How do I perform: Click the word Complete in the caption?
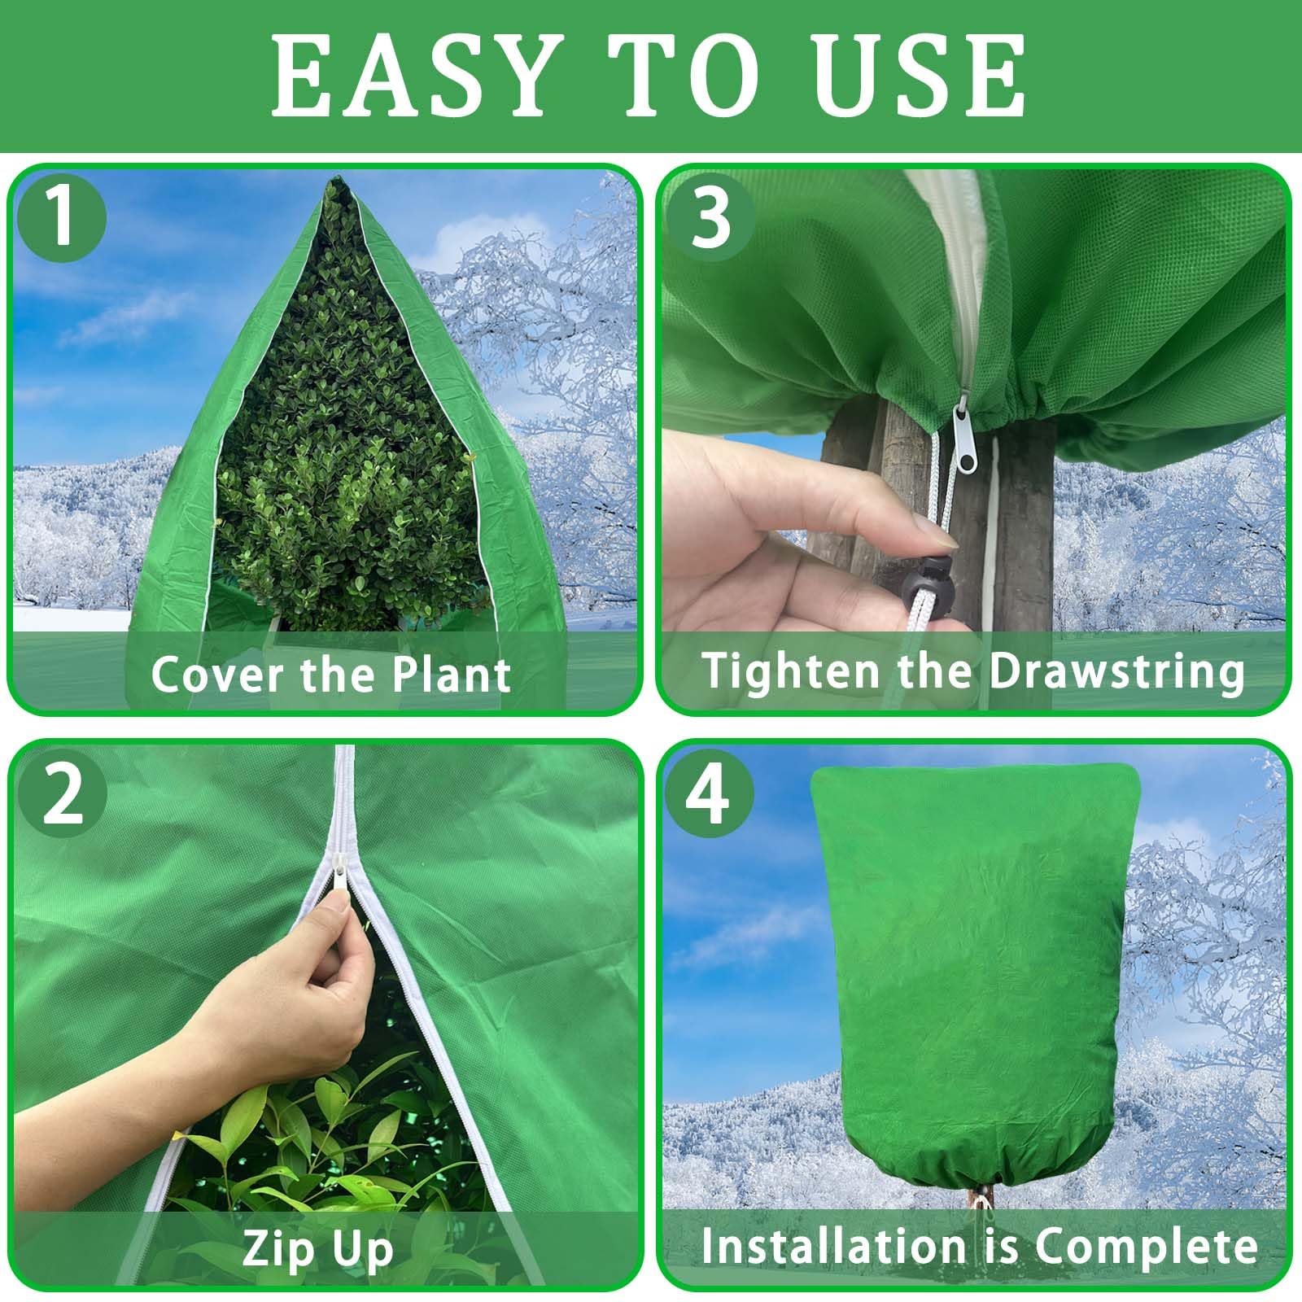coord(1147,1246)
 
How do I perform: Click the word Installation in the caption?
coord(832,1245)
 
